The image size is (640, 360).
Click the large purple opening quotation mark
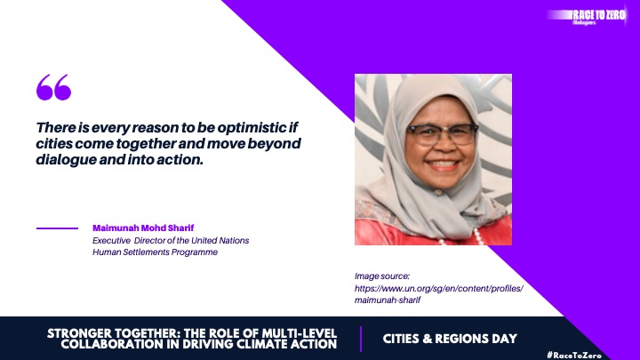(x=53, y=87)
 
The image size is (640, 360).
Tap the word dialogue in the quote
(x=65, y=160)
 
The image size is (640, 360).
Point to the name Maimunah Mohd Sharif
(x=143, y=228)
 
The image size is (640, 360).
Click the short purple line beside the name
(x=57, y=228)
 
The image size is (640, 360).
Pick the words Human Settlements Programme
(x=155, y=252)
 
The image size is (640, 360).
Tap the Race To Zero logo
(x=587, y=16)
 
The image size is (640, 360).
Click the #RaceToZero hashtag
(x=574, y=355)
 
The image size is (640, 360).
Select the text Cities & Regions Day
(x=450, y=339)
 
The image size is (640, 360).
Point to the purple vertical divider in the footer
(x=361, y=339)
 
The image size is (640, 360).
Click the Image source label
(x=382, y=276)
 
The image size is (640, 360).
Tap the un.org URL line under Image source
(x=439, y=288)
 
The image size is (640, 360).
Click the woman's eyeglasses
(x=442, y=134)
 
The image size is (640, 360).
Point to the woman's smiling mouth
(x=443, y=164)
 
